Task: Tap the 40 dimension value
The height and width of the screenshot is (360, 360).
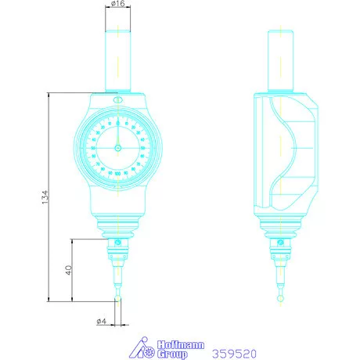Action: [69, 270]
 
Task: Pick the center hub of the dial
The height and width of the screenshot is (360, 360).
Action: [117, 147]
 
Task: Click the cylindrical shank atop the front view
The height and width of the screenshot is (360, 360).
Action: [117, 59]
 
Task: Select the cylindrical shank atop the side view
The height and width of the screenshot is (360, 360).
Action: [279, 59]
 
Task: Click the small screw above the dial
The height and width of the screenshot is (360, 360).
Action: [117, 100]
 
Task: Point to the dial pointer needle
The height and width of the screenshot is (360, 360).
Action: [117, 133]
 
